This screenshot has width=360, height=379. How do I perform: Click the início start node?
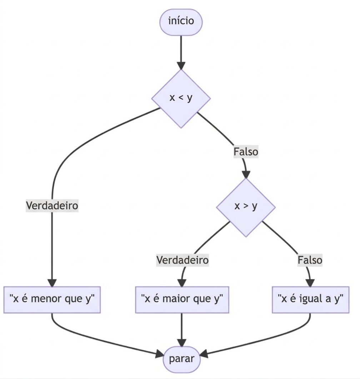click(181, 21)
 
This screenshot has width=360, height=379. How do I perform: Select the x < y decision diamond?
click(181, 98)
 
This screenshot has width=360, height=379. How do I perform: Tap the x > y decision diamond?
click(246, 207)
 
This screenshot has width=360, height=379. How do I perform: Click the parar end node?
click(181, 359)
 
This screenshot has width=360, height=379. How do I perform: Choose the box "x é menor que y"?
click(52, 299)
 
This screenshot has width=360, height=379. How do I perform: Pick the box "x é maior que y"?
click(182, 299)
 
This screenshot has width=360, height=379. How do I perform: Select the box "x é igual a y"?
click(310, 299)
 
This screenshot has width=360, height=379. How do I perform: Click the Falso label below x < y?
click(246, 152)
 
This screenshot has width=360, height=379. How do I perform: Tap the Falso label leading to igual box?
click(310, 260)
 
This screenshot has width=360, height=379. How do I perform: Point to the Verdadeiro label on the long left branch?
click(52, 206)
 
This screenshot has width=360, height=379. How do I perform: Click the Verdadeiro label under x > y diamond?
click(182, 260)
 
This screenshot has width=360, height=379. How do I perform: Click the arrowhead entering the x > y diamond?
click(246, 174)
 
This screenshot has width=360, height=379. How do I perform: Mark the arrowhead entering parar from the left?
click(159, 355)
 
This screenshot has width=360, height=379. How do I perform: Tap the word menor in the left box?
click(45, 299)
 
